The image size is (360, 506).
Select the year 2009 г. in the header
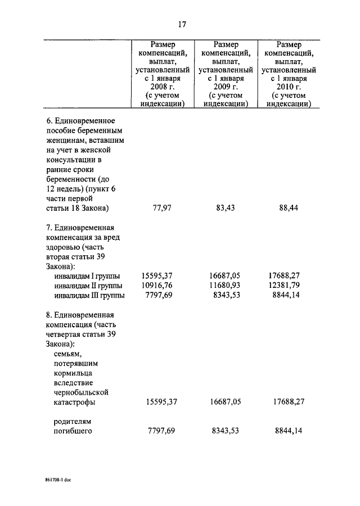click(226, 87)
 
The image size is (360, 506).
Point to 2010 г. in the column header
click(290, 87)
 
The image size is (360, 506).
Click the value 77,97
click(163, 208)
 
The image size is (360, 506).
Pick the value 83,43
click(226, 208)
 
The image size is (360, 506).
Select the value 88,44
click(289, 208)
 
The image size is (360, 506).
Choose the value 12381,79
click(287, 286)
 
